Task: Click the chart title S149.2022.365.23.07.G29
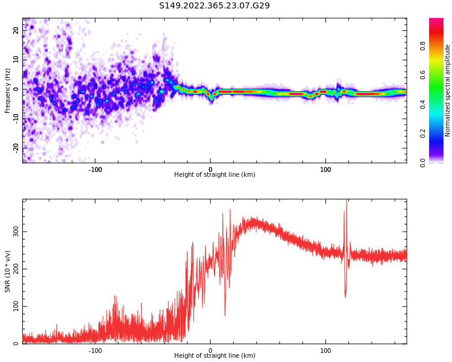(x=215, y=6)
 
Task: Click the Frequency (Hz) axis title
(x=8, y=91)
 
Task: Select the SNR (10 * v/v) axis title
(x=8, y=271)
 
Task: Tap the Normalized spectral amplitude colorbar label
(x=448, y=91)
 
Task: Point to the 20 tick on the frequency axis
(x=16, y=31)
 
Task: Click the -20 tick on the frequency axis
(x=16, y=147)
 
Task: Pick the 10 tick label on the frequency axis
(x=16, y=60)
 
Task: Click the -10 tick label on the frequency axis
(x=16, y=118)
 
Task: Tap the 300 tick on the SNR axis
(x=16, y=232)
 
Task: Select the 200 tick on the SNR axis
(x=16, y=269)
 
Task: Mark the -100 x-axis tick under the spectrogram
(x=95, y=170)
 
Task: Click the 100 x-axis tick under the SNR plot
(x=325, y=351)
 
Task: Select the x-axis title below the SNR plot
(x=215, y=356)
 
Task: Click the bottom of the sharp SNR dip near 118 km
(x=345, y=296)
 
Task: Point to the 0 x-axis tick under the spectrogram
(x=210, y=170)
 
